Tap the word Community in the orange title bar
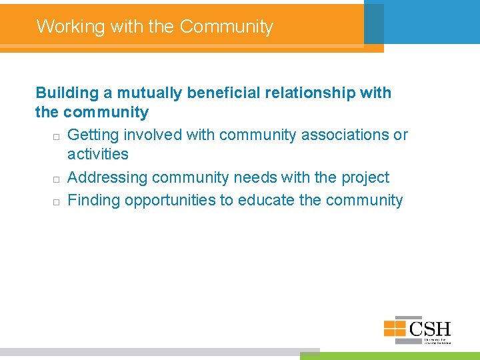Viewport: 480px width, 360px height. click(x=227, y=27)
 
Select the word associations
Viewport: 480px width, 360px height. click(x=345, y=135)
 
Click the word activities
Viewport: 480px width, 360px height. click(x=98, y=154)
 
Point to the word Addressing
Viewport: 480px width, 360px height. click(x=107, y=177)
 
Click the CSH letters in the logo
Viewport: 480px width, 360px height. click(x=430, y=328)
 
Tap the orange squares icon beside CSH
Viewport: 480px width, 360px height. click(x=395, y=328)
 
